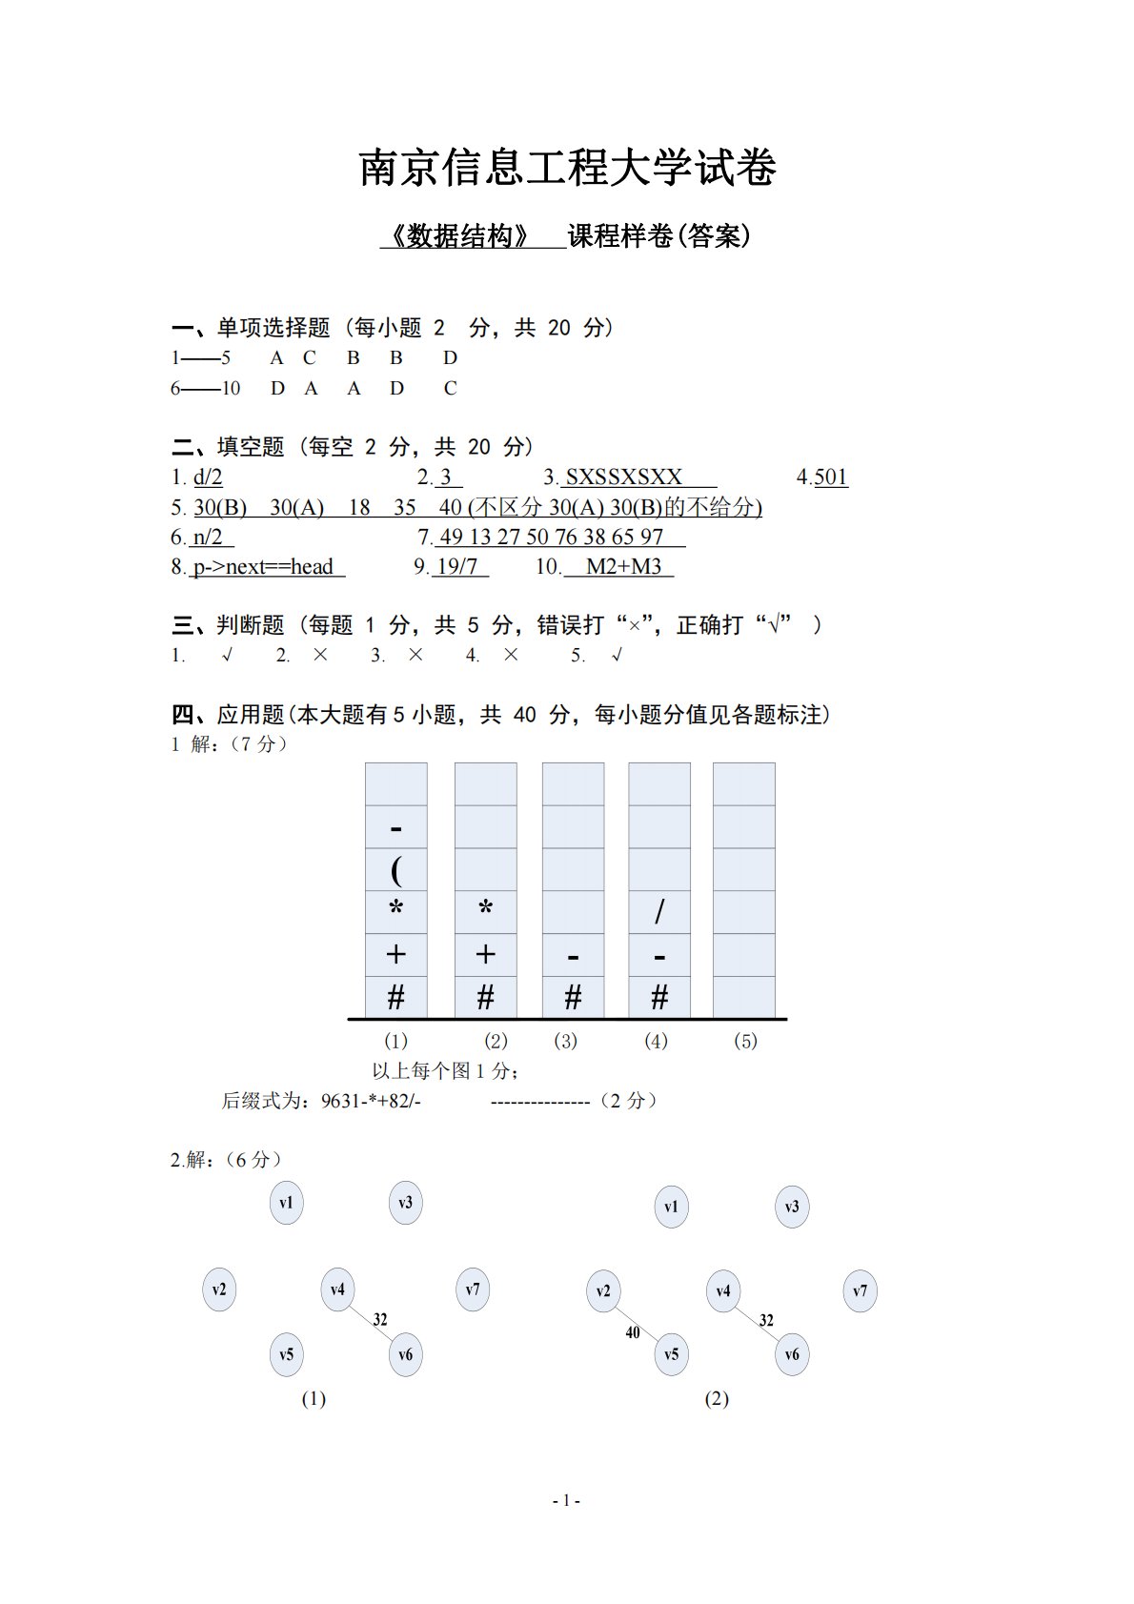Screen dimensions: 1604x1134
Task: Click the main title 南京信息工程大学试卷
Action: [x=567, y=169]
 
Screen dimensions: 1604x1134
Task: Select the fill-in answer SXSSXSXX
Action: [x=624, y=477]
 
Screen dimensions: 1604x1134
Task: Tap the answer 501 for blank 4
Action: [x=831, y=477]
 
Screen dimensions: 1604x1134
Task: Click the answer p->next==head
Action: [x=263, y=567]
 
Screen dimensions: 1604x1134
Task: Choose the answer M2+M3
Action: [x=623, y=567]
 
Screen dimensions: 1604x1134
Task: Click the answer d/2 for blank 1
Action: [x=208, y=477]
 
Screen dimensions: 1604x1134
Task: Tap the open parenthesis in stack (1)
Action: [x=395, y=869]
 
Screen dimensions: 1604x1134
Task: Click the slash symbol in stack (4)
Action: [x=659, y=912]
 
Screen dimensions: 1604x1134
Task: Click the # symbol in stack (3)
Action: [x=573, y=998]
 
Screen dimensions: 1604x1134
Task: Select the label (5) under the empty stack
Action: [x=745, y=1041]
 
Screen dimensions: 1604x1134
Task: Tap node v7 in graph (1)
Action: [x=473, y=1289]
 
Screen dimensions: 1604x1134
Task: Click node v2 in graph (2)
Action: [x=603, y=1291]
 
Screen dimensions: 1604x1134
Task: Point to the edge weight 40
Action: [x=633, y=1332]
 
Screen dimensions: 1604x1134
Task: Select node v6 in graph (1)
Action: [x=406, y=1354]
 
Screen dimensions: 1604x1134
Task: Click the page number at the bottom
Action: [x=567, y=1500]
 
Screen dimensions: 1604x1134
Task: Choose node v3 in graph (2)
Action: [x=792, y=1207]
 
